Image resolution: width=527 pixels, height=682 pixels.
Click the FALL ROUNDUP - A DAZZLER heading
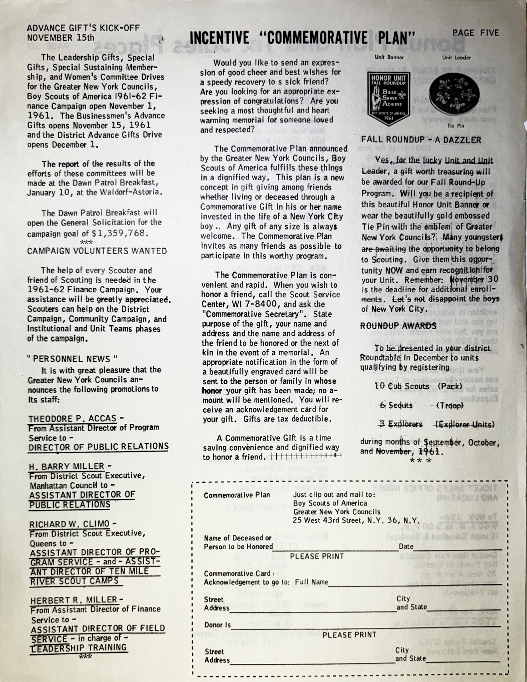click(x=421, y=140)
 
